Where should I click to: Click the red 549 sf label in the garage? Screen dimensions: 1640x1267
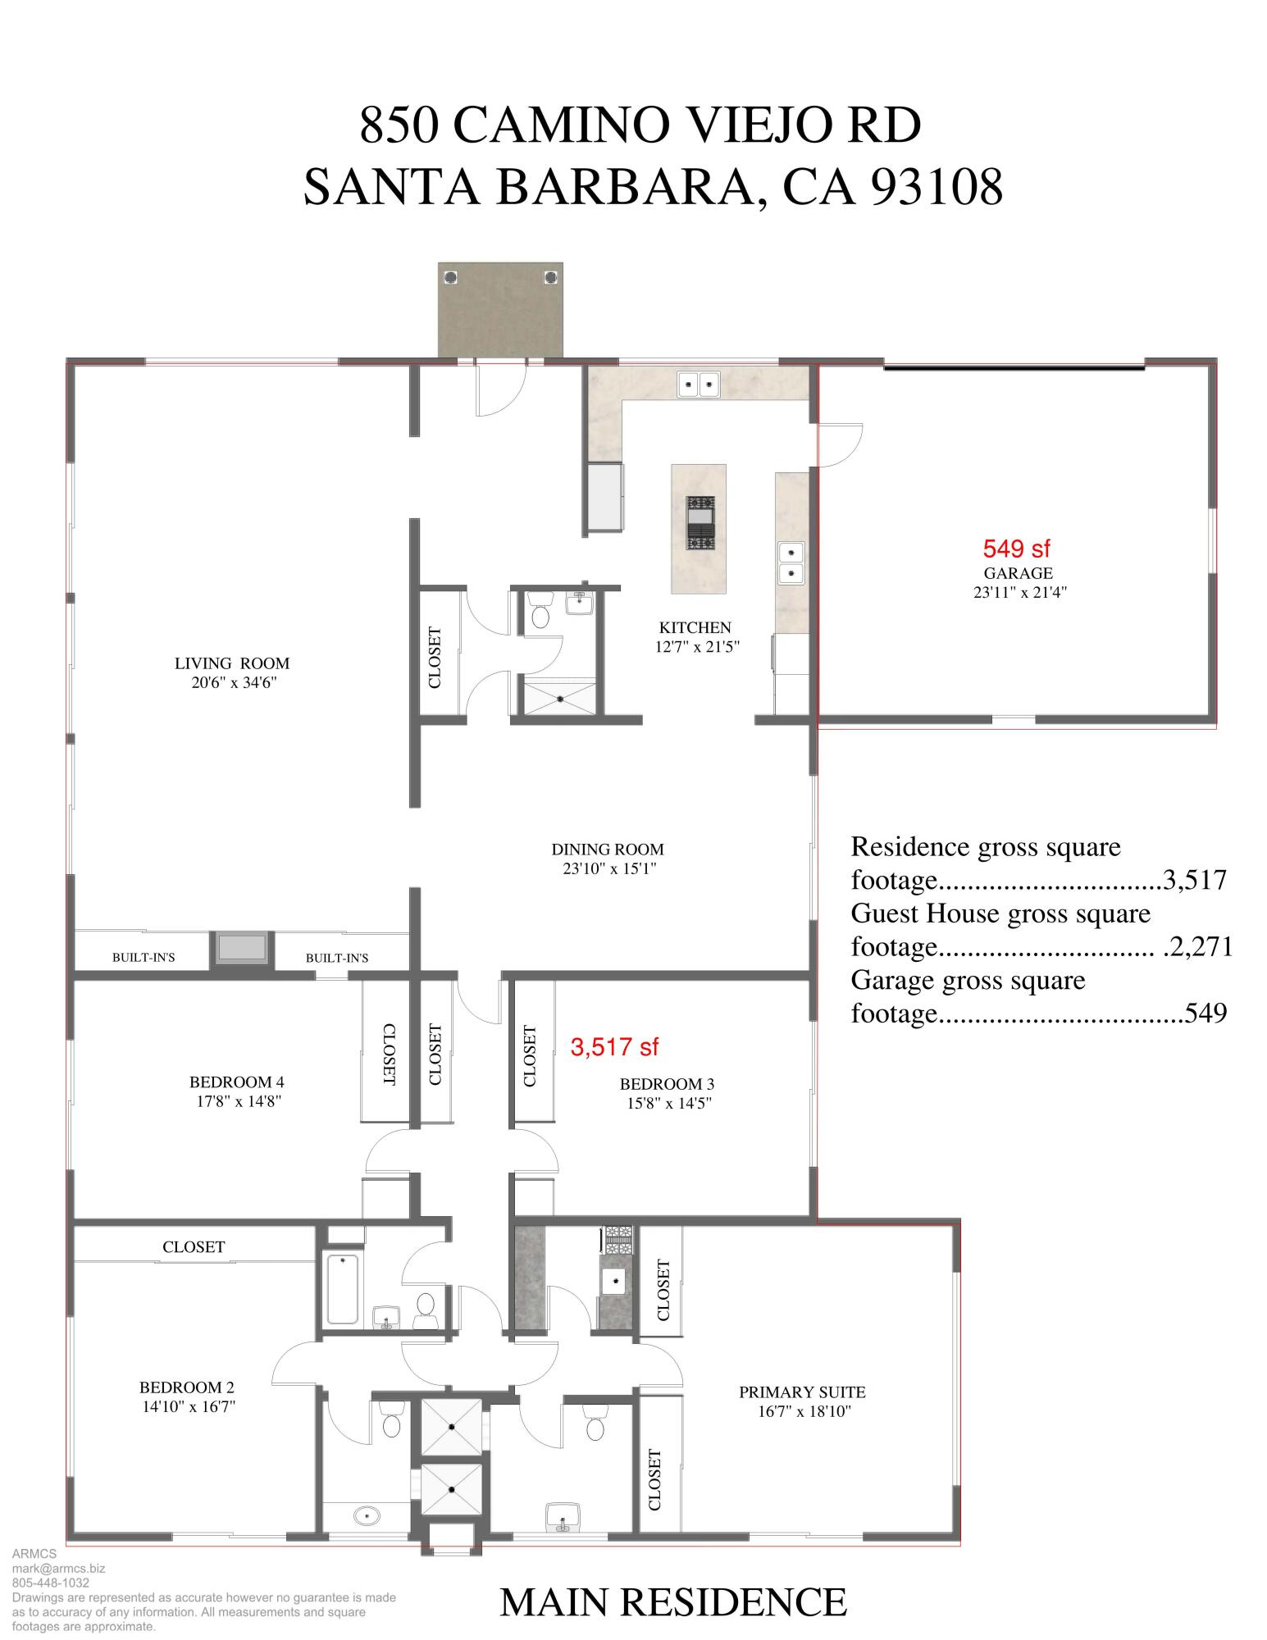(1016, 549)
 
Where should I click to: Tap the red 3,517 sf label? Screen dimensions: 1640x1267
(614, 1046)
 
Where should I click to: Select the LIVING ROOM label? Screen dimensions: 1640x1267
(232, 663)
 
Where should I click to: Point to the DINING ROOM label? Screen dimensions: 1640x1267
(608, 850)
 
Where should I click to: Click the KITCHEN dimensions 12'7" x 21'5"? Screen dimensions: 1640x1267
(697, 646)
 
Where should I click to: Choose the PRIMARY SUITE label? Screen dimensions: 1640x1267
(802, 1392)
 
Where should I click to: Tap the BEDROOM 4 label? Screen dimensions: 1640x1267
(237, 1082)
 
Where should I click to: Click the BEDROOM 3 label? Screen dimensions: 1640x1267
(667, 1084)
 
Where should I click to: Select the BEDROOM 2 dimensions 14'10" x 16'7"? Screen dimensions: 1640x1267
(188, 1407)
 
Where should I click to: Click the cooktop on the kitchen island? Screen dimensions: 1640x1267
(700, 522)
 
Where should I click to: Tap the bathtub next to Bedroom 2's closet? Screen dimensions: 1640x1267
(342, 1288)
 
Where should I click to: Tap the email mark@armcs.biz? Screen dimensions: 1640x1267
(58, 1569)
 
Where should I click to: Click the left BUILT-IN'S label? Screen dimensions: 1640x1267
(144, 957)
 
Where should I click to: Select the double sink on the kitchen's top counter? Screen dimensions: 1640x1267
(698, 384)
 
